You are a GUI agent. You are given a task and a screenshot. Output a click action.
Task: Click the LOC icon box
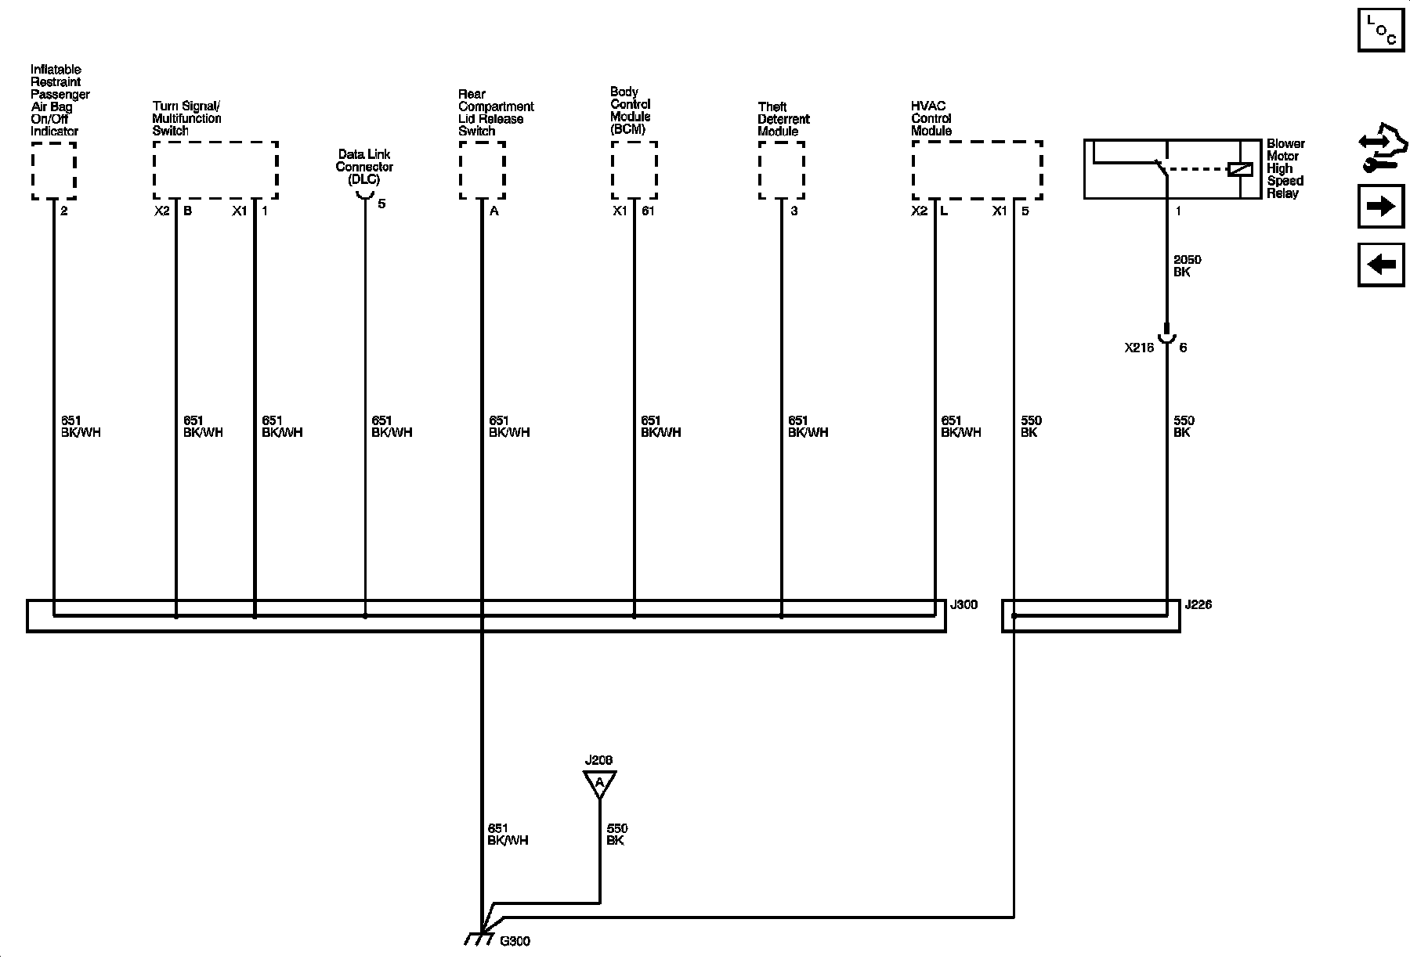(1381, 30)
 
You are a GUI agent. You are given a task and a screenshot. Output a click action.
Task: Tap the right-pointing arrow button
(1381, 206)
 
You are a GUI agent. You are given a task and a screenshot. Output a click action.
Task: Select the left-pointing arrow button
(1381, 265)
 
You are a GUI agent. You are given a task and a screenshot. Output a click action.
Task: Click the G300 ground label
(515, 941)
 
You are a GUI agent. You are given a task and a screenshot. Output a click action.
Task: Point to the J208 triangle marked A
(599, 783)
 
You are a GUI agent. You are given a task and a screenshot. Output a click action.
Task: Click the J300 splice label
(963, 605)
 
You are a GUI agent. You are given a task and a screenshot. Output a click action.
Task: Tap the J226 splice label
(1198, 605)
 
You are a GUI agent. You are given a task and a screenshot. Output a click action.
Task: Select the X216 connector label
(1139, 348)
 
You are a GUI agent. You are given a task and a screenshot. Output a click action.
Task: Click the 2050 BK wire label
(1187, 266)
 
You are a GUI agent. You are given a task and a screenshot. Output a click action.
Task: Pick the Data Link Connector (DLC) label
(364, 167)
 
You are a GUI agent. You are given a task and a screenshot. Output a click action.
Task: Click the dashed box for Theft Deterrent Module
(781, 170)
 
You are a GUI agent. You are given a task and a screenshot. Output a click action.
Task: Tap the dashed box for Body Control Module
(634, 170)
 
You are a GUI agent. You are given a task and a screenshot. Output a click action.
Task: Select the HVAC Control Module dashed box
(977, 170)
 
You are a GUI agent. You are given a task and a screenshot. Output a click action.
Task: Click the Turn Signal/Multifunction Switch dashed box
(215, 170)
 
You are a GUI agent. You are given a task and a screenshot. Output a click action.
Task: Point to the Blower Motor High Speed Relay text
(1285, 168)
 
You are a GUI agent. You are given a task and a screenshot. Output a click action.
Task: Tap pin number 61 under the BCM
(648, 211)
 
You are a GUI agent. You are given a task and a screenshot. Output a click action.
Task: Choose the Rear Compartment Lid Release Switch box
(482, 170)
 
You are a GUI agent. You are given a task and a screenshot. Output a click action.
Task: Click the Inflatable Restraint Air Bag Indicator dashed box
(53, 170)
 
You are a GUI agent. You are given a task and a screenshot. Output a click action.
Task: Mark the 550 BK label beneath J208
(616, 835)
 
